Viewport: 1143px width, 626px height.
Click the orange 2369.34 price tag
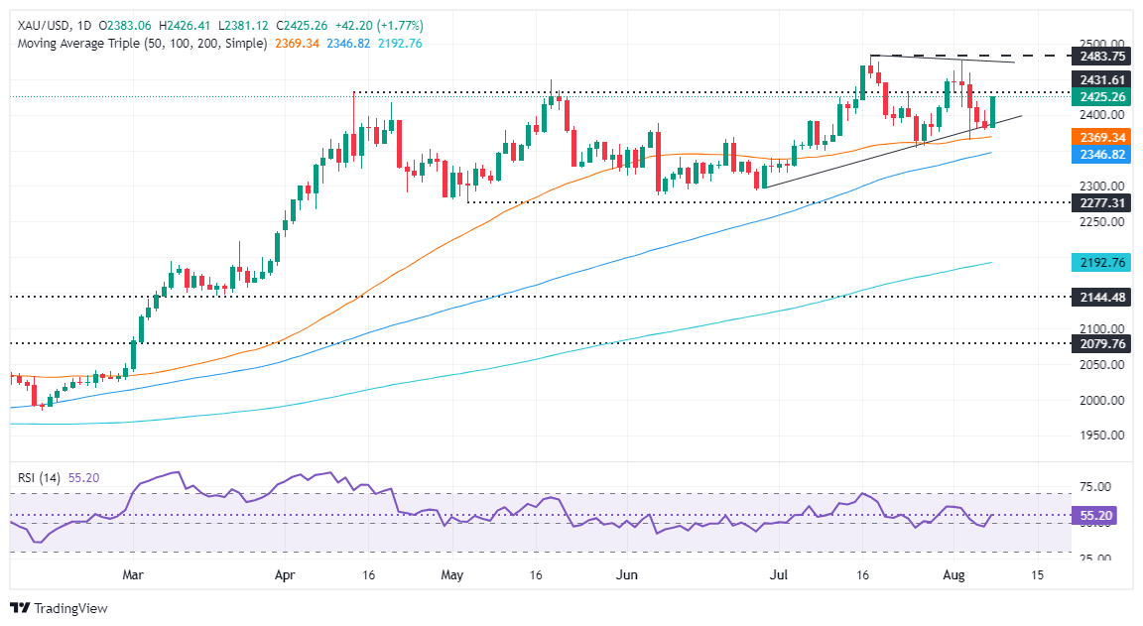pyautogui.click(x=1105, y=137)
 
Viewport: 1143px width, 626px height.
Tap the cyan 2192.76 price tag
pyautogui.click(x=1105, y=263)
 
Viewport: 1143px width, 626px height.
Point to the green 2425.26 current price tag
pyautogui.click(x=1105, y=96)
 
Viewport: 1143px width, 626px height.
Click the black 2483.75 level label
pyautogui.click(x=1105, y=58)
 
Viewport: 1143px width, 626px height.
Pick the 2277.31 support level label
pyautogui.click(x=1105, y=202)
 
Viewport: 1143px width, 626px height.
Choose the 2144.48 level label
pyautogui.click(x=1105, y=297)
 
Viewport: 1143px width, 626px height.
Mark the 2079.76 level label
pyautogui.click(x=1105, y=343)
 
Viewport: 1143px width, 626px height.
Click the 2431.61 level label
pyautogui.click(x=1105, y=78)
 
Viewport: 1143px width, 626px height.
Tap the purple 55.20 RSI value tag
pyautogui.click(x=1099, y=515)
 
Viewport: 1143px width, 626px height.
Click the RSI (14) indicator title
pyautogui.click(x=40, y=477)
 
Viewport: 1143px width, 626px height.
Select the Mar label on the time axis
pyautogui.click(x=134, y=574)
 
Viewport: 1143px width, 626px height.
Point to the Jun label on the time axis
pyautogui.click(x=626, y=574)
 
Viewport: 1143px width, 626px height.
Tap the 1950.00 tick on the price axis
pyautogui.click(x=1103, y=436)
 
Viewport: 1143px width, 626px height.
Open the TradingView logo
pyautogui.click(x=60, y=608)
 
